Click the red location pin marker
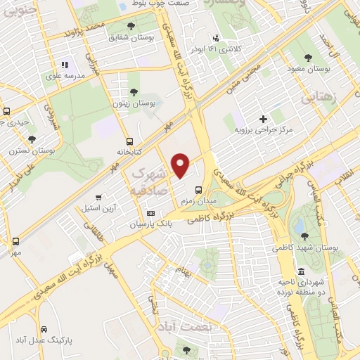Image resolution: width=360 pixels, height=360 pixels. click(x=181, y=165)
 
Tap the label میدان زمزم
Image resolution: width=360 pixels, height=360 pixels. click(x=196, y=201)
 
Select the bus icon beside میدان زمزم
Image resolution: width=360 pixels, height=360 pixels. click(x=198, y=189)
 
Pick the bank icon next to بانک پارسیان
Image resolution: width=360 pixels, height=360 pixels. click(x=150, y=213)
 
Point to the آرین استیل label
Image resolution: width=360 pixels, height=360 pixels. click(x=100, y=208)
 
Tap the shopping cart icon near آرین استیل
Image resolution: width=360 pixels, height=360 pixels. click(x=98, y=197)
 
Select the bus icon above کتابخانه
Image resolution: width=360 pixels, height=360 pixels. click(x=129, y=141)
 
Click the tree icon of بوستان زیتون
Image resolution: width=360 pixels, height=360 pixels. click(x=134, y=92)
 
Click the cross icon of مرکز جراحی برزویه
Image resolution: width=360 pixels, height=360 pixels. click(x=264, y=120)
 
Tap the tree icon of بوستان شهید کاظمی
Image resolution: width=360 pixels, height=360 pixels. click(x=304, y=236)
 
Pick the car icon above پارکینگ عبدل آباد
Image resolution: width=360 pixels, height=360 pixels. click(x=44, y=329)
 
